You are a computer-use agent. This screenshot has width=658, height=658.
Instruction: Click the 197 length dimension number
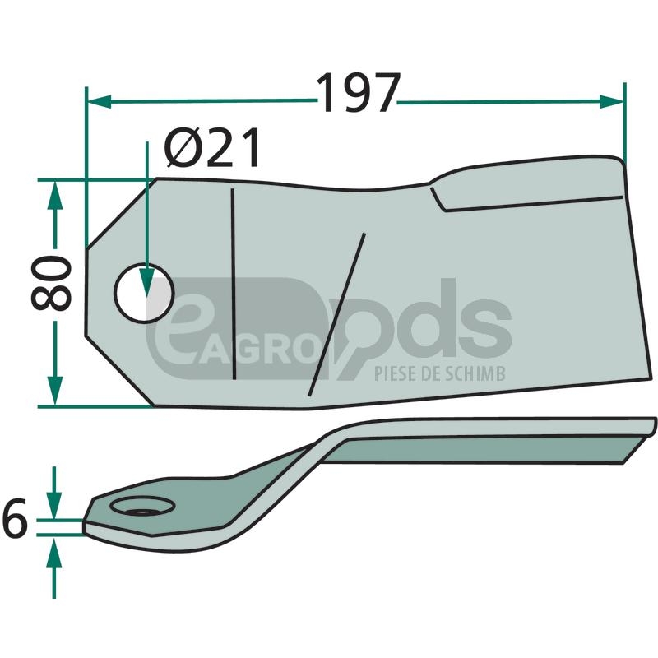(358, 93)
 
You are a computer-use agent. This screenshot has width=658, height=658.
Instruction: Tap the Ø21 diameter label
(212, 148)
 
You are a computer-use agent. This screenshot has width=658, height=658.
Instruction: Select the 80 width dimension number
(51, 283)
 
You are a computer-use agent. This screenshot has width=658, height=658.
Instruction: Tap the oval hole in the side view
(142, 506)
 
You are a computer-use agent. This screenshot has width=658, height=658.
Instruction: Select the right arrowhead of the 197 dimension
(611, 101)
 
